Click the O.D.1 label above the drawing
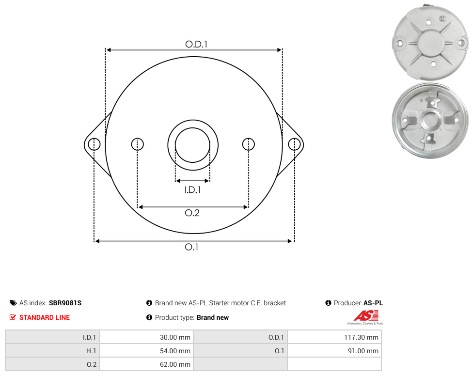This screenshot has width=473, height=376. (196, 44)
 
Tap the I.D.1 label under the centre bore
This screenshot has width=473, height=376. (192, 189)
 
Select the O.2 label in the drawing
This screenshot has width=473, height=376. (192, 213)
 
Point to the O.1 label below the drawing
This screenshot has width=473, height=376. (191, 247)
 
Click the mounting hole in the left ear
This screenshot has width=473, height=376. (94, 144)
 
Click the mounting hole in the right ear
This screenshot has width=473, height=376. (294, 144)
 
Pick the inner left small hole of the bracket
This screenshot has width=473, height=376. (137, 144)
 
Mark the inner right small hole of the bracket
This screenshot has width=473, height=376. (248, 144)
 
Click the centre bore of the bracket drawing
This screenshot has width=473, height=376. (192, 145)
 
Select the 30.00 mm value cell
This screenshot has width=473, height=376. (146, 337)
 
